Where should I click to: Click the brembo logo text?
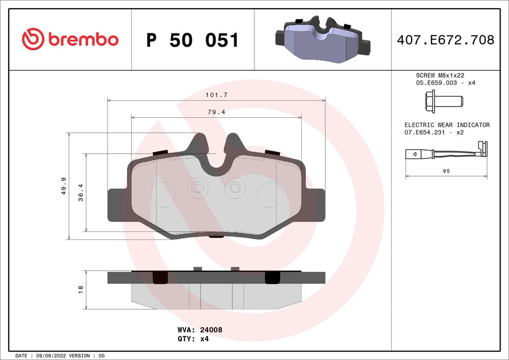[x=83, y=39]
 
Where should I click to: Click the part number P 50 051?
[x=192, y=40]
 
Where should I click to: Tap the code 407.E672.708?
[x=445, y=40]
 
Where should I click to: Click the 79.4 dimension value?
[x=216, y=112]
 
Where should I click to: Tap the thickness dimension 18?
[x=80, y=289]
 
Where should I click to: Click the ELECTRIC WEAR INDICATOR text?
[x=447, y=125]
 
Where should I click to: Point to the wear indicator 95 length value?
[x=446, y=171]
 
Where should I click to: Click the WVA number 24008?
[x=211, y=330]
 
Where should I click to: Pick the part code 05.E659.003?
[x=435, y=83]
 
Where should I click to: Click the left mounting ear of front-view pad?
[x=117, y=205]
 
